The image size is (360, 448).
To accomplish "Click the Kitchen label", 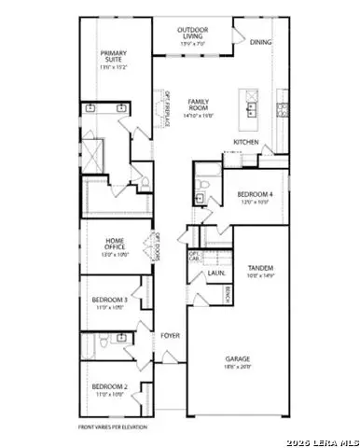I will pos(245,142).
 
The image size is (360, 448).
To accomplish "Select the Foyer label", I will pos(169,334).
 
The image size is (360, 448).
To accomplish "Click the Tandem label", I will pos(260,269).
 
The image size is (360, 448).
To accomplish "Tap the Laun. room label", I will pos(215,273).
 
